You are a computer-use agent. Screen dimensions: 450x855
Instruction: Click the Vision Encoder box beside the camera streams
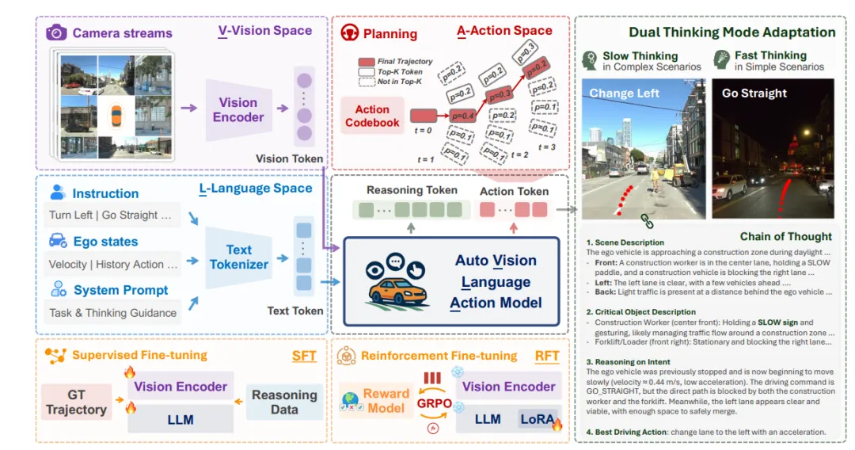pyautogui.click(x=238, y=110)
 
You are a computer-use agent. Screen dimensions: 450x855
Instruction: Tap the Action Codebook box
pyautogui.click(x=372, y=116)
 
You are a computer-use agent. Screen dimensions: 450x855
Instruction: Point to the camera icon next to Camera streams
pyautogui.click(x=56, y=32)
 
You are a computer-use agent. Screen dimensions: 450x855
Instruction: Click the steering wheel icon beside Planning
pyautogui.click(x=349, y=33)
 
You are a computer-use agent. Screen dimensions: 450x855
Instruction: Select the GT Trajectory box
pyautogui.click(x=76, y=402)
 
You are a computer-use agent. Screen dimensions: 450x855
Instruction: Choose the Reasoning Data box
pyautogui.click(x=284, y=402)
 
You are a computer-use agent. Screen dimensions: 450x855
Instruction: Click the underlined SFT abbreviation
pyautogui.click(x=304, y=357)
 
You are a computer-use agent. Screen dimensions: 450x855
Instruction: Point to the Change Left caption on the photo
pyautogui.click(x=623, y=93)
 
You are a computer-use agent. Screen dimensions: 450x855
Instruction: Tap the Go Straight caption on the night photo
pyautogui.click(x=754, y=93)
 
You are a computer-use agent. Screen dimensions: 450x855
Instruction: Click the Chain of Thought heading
pyautogui.click(x=785, y=236)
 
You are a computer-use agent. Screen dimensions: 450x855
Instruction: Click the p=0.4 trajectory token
pyautogui.click(x=463, y=116)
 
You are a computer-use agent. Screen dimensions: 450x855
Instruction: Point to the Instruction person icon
pyautogui.click(x=58, y=193)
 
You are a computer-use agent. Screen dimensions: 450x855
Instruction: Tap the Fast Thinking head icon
pyautogui.click(x=721, y=60)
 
